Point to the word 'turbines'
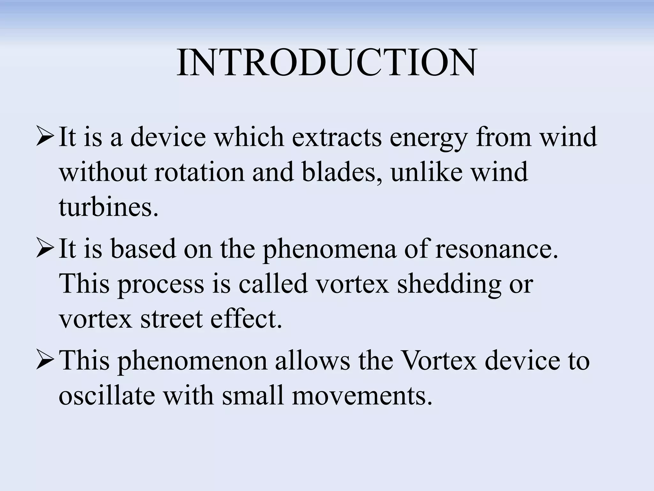coord(108,207)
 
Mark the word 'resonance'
coord(497,249)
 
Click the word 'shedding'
coord(449,285)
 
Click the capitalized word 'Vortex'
coord(438,360)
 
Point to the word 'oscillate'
coord(106,395)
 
